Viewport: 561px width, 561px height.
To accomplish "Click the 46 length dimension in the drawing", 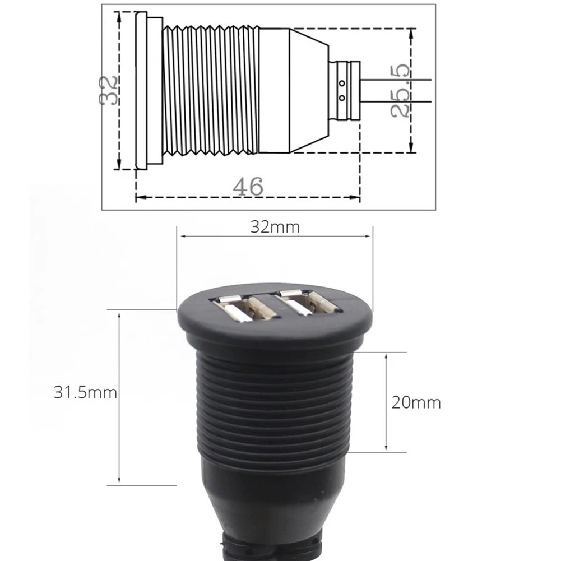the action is tap(248, 187).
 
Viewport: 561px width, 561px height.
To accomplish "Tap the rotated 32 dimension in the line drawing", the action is tap(109, 91).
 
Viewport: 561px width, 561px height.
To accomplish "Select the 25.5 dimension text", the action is tap(400, 91).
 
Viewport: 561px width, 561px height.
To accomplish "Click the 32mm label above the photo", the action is tap(275, 227).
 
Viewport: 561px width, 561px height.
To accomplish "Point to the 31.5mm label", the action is tap(85, 392).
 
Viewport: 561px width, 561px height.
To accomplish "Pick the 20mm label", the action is tap(416, 403).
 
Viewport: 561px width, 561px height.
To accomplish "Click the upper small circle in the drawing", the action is tap(342, 84).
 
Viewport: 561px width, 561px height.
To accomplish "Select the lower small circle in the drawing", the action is tap(342, 98).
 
